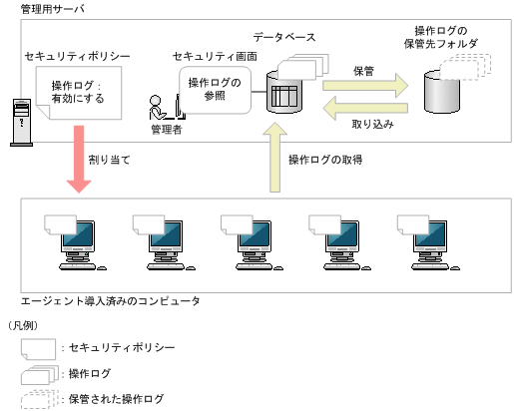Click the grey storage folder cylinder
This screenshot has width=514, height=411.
(x=444, y=93)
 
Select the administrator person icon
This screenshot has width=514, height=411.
(x=158, y=106)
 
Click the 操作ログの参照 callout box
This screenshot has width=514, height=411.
(x=215, y=89)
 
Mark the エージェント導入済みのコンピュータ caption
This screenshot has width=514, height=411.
(x=111, y=300)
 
